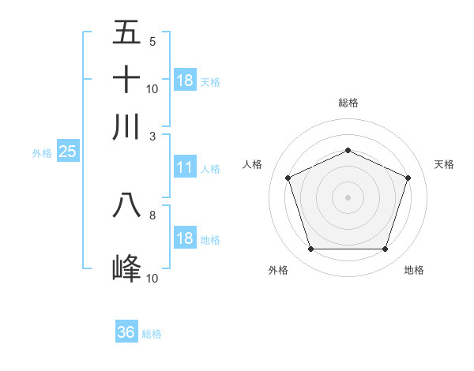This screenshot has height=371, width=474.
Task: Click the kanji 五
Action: [x=126, y=32]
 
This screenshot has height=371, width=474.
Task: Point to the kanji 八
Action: [x=126, y=204]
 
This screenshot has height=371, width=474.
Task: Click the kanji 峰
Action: [x=126, y=268]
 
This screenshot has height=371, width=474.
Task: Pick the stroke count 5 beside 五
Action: [x=152, y=42]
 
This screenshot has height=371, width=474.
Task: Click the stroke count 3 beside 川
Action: [x=152, y=135]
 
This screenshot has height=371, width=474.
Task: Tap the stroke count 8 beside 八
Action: [x=152, y=214]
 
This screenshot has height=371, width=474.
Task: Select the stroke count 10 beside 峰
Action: [x=152, y=278]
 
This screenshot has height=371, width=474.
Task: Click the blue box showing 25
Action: [x=67, y=152]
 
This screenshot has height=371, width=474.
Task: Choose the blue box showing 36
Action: [x=126, y=332]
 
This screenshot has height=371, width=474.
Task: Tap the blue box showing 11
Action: [x=184, y=167]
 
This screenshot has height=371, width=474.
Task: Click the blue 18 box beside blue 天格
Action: [x=184, y=81]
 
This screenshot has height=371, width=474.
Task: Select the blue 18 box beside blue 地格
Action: [x=184, y=238]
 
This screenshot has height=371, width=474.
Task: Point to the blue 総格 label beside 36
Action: [x=152, y=334]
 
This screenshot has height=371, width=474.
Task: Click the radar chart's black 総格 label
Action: [x=348, y=103]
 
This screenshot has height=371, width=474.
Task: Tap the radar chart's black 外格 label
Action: [x=278, y=270]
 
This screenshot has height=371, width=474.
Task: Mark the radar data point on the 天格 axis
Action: [x=408, y=178]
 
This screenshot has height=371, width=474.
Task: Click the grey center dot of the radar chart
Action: [x=348, y=197]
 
